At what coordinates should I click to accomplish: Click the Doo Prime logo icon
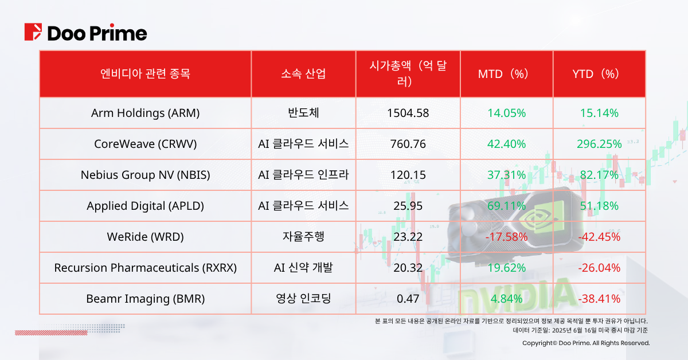click(33, 33)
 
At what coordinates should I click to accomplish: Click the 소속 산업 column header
click(303, 74)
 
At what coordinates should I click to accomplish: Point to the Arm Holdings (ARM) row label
click(145, 113)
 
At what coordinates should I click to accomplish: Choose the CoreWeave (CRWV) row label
click(145, 144)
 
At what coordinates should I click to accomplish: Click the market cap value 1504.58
click(408, 113)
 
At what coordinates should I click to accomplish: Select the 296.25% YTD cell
click(599, 144)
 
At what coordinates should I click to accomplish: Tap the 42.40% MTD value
click(506, 144)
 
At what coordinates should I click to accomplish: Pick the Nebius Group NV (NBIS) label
click(145, 175)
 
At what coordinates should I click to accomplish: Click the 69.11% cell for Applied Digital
click(506, 206)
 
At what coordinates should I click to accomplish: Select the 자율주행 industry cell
click(303, 237)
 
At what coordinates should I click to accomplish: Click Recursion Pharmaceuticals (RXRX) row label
click(145, 268)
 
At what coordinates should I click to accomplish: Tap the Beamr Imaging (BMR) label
click(145, 299)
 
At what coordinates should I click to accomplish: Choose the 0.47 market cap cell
click(408, 299)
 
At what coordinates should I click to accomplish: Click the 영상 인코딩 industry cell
click(303, 299)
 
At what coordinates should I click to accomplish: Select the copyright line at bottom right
click(586, 343)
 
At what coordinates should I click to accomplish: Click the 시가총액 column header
click(408, 74)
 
